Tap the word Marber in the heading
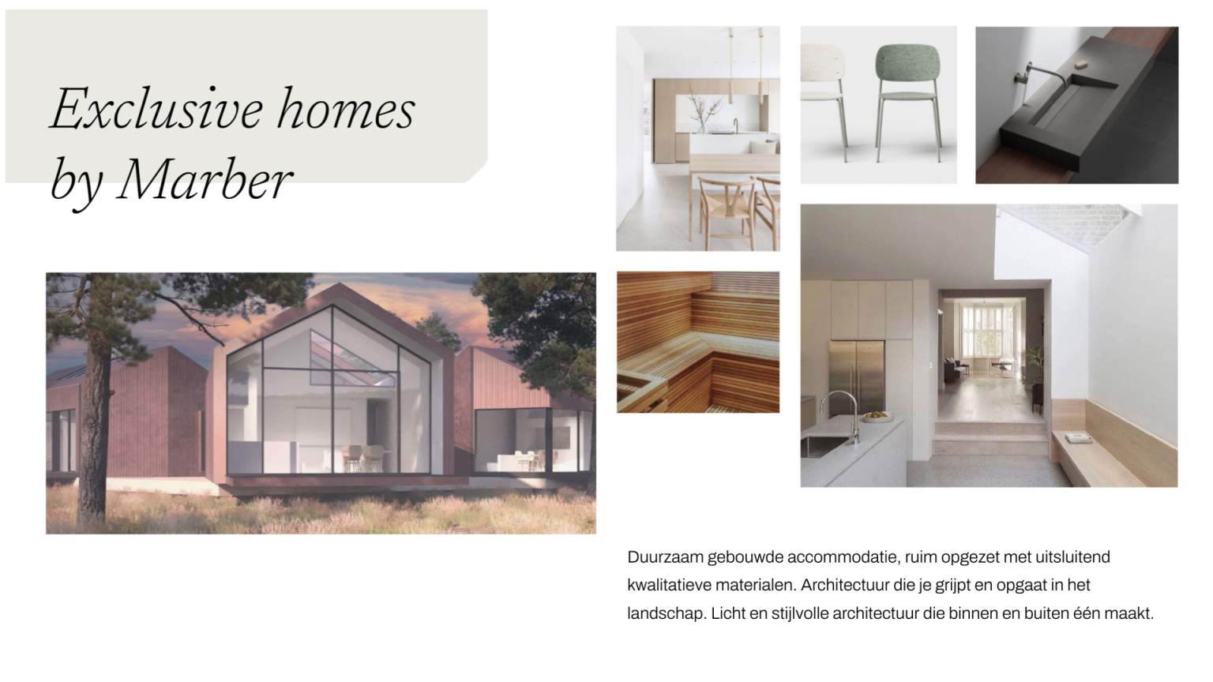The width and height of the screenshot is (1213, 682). [204, 180]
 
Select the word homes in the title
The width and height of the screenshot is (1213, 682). [345, 109]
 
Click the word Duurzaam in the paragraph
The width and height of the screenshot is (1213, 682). [666, 557]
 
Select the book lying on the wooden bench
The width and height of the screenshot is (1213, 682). [1078, 438]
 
